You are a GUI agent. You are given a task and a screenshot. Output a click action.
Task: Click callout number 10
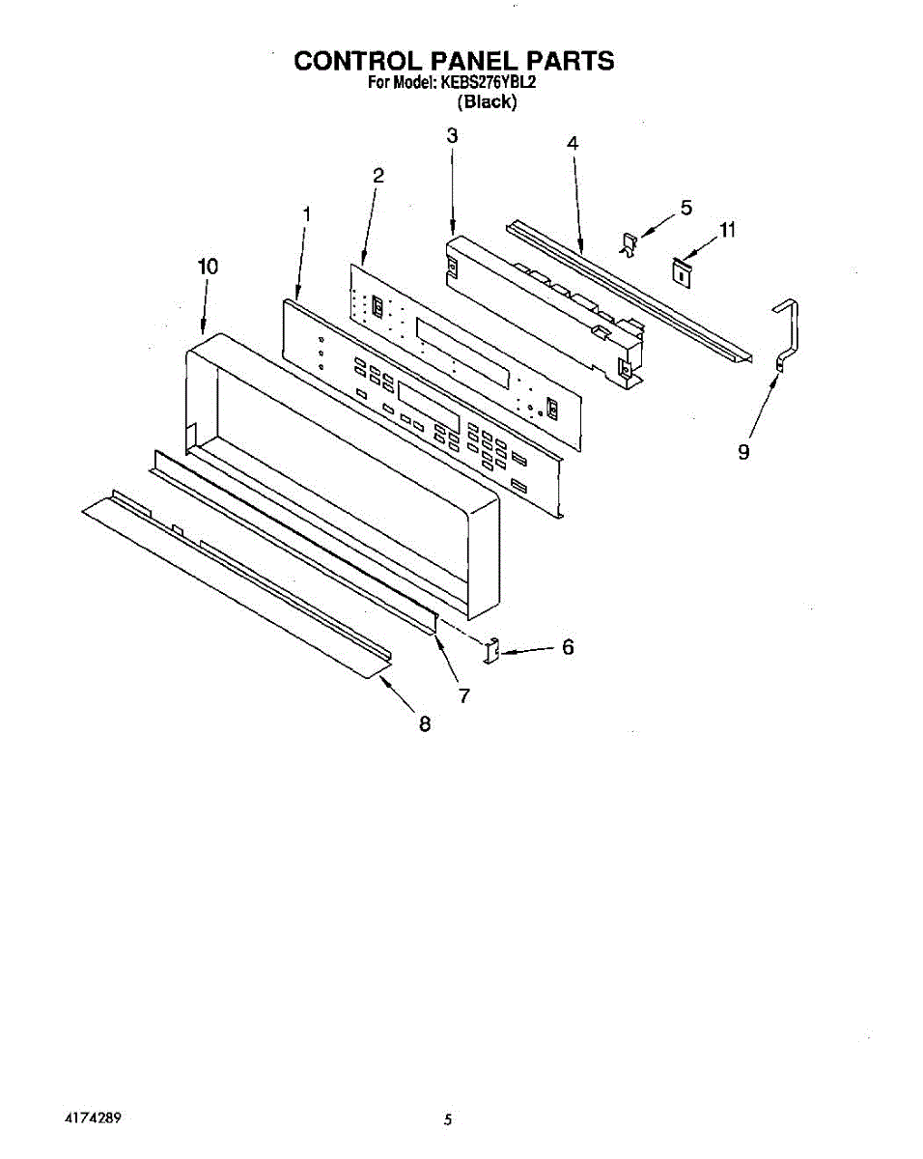click(x=208, y=266)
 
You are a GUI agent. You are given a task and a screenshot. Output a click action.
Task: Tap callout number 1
click(x=306, y=213)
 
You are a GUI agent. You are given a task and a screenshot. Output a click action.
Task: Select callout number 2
click(x=378, y=175)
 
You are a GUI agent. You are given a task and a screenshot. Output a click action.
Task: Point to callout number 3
click(x=452, y=136)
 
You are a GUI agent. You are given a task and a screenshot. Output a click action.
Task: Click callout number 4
click(x=573, y=142)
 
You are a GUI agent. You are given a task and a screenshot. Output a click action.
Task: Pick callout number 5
click(x=686, y=207)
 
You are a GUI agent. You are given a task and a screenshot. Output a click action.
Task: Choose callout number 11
click(x=727, y=230)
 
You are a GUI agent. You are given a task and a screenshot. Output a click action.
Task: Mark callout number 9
click(x=743, y=451)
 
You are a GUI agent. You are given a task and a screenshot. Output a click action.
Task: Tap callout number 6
click(x=568, y=647)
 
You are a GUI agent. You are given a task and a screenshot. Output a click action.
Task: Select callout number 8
click(x=424, y=723)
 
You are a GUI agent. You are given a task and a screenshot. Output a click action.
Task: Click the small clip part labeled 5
click(x=629, y=245)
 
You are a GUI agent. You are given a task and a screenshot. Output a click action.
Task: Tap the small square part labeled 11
click(x=683, y=270)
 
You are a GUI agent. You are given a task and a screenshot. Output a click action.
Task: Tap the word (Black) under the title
click(x=487, y=101)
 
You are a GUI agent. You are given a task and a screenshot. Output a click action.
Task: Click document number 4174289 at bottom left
click(x=93, y=1118)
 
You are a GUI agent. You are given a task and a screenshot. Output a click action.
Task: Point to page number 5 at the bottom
click(x=448, y=1120)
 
